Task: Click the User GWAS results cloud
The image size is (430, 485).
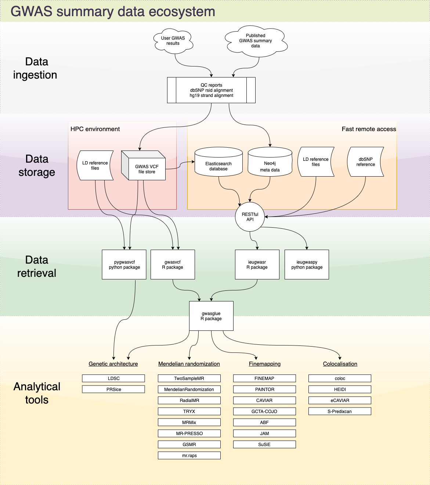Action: click(173, 41)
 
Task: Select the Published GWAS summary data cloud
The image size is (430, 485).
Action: click(256, 41)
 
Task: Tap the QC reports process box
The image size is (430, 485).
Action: click(211, 90)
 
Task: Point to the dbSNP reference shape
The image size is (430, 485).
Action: click(365, 162)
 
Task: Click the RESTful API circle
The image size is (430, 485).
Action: click(250, 217)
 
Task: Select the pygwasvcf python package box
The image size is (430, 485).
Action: click(124, 265)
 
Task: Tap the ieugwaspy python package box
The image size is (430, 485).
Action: click(307, 265)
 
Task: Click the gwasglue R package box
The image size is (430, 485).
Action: click(211, 316)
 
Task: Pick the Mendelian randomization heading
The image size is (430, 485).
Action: click(189, 364)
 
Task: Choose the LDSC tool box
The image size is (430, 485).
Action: click(113, 379)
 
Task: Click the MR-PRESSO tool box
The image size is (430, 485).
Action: click(189, 434)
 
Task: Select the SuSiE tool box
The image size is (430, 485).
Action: click(264, 445)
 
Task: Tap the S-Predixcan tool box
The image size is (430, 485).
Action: click(340, 412)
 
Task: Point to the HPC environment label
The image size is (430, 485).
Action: click(95, 129)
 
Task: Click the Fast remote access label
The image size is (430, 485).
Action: click(369, 129)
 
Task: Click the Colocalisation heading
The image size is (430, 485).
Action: click(340, 364)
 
